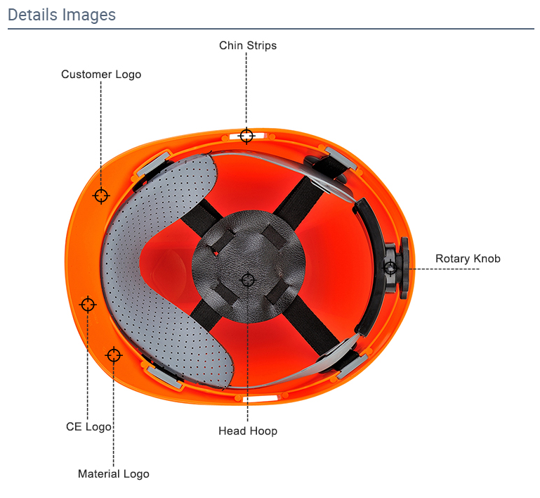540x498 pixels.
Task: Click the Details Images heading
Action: [x=62, y=15]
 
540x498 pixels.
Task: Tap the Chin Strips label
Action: [x=248, y=46]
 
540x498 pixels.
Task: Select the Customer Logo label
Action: [x=101, y=75]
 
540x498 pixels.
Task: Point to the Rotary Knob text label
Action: [x=468, y=259]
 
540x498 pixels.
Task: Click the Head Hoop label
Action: [x=248, y=431]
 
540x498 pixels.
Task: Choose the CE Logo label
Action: [x=88, y=427]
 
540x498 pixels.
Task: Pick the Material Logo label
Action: [x=114, y=474]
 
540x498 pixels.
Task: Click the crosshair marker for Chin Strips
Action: [x=246, y=136]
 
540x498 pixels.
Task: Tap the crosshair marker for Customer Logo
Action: [x=101, y=196]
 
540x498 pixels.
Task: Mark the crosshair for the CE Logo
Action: [x=88, y=305]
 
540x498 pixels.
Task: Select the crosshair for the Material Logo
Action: [x=113, y=355]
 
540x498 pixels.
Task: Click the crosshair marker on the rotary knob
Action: [x=390, y=267]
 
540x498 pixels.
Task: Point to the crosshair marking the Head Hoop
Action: [x=248, y=280]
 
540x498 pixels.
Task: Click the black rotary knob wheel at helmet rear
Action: [x=404, y=267]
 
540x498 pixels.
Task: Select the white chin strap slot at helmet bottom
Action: [x=260, y=400]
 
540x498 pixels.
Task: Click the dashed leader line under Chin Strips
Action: [x=246, y=89]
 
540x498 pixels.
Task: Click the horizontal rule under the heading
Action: [x=271, y=29]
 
